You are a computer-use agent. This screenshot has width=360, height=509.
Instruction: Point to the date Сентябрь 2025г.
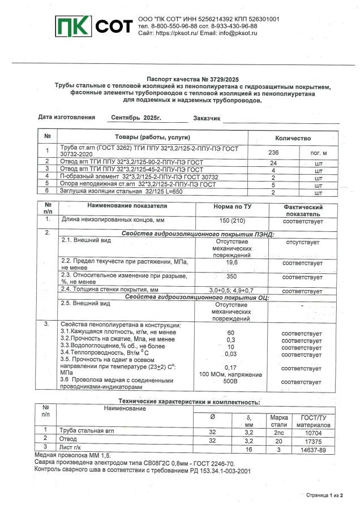coord(136,118)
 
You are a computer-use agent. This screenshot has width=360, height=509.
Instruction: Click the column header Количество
coord(293,138)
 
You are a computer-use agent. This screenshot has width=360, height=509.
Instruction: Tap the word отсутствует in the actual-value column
coord(302,242)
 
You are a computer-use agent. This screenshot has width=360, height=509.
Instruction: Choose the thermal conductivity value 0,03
coord(231,355)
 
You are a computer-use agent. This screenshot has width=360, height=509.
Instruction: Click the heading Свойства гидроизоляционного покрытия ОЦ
coord(196,297)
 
